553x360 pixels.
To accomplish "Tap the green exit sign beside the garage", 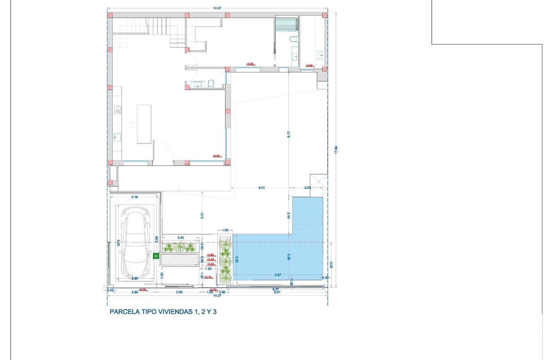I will point(156,256).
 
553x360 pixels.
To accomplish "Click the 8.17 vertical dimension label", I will point(289,134).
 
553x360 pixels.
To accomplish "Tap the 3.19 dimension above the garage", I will point(134,197).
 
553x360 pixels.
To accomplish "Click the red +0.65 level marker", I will point(210,255).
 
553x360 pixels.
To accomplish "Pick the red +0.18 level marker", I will point(208,277).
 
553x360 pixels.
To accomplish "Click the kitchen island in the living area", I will point(144,124).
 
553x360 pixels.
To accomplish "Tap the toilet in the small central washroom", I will point(211,84).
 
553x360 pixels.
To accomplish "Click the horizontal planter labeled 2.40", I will point(180,247).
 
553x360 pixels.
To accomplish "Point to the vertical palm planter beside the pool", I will point(225,261).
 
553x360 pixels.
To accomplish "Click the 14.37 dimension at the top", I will point(217,7).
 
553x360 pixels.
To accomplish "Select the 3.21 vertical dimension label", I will point(201,216).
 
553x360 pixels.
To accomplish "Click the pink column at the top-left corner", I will point(110,15).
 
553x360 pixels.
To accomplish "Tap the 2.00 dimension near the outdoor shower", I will point(307,187).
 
